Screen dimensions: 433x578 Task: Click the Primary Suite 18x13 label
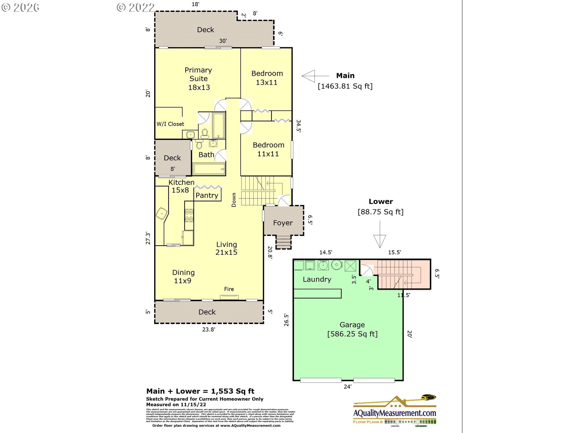pos(198,79)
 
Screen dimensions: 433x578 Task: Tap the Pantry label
pos(207,195)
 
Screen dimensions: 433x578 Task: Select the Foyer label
pos(283,223)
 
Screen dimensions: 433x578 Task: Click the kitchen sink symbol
pos(162,214)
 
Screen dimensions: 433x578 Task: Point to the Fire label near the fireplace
pos(229,289)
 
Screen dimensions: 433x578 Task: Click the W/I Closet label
pos(170,124)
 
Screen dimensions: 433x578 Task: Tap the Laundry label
pos(317,279)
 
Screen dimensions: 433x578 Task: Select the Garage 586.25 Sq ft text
pos(352,330)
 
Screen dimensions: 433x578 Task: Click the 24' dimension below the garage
pos(347,387)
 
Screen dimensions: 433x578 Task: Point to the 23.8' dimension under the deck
pos(208,330)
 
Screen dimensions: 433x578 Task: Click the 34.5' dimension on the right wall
pos(298,126)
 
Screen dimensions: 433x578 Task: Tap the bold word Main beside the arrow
pos(345,75)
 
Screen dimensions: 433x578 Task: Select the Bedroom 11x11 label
pos(268,149)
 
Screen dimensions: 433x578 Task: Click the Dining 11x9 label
pos(183,277)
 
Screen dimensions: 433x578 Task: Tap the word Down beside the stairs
pos(234,200)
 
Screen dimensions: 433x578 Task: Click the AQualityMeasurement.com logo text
pos(394,413)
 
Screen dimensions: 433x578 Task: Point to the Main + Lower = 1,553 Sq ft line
pos(200,391)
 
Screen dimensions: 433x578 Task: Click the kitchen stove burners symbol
pos(189,215)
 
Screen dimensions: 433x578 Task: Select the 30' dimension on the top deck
pos(223,41)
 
